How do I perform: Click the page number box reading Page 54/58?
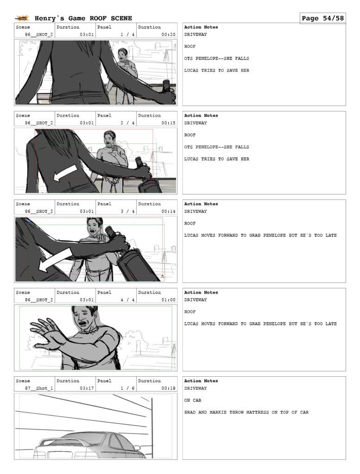pos(323,18)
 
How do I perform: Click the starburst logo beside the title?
pos(22,19)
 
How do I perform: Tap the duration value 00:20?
pos(169,34)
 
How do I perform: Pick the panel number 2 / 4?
pos(127,123)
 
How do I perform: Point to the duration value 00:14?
pos(169,211)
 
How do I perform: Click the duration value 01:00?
pos(169,300)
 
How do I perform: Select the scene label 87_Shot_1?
pos(39,388)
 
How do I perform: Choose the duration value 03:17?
pos(87,388)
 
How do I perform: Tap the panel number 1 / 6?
pos(127,388)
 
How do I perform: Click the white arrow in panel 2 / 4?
pos(65,172)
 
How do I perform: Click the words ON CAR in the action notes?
pos(193,400)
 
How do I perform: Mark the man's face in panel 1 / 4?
pos(122,55)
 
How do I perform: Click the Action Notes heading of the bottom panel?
pos(201,381)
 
